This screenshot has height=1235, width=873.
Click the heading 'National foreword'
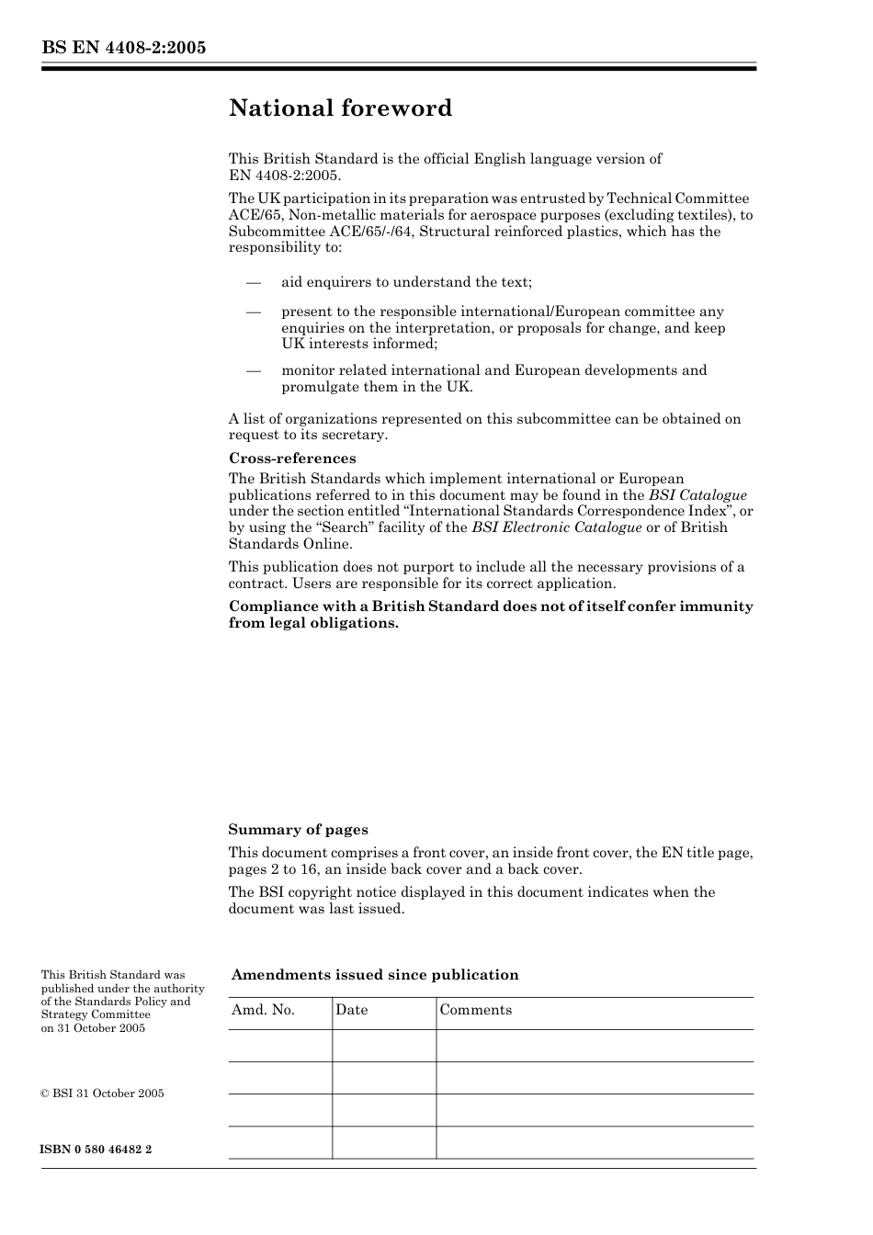coord(340,108)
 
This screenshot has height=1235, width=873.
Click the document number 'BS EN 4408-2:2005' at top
coord(123,48)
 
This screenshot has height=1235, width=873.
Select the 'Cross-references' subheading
coord(291,459)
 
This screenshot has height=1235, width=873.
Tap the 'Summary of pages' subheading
coord(298,830)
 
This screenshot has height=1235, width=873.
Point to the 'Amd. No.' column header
coord(263,1010)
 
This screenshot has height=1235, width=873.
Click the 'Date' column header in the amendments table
coord(351,1010)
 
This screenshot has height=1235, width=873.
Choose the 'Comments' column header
coord(475,1010)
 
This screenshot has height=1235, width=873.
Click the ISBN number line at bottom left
coord(96,1150)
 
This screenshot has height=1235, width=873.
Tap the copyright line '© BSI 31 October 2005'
coord(102,1093)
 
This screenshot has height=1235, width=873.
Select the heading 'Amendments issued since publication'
coord(375,975)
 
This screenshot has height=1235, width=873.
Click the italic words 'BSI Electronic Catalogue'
coord(556,527)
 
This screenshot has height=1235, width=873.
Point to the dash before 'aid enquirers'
coord(254,283)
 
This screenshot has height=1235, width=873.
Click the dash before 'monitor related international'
coord(254,370)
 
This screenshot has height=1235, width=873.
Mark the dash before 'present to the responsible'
coord(254,312)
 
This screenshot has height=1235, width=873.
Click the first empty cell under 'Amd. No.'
coord(279,1046)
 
